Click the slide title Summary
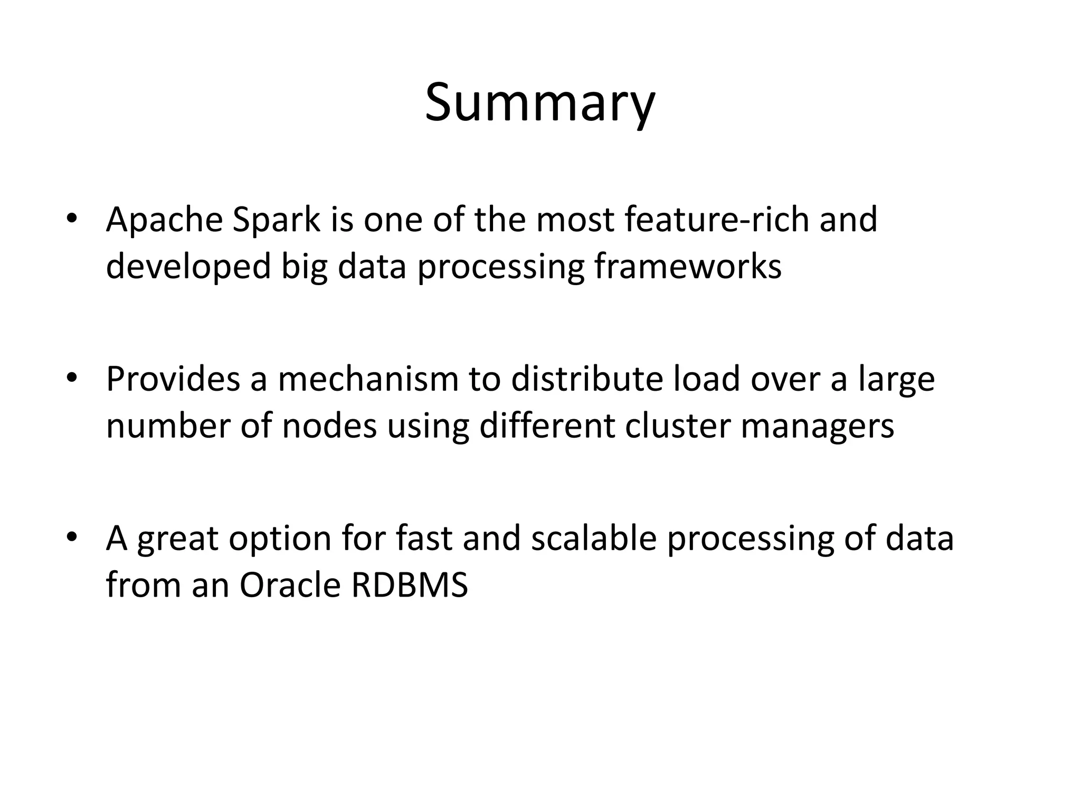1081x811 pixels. pos(540,103)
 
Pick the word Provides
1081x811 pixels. pos(173,379)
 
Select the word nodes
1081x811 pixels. pos(329,426)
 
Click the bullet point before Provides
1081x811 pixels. pos(72,378)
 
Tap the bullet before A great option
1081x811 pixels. pos(72,537)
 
